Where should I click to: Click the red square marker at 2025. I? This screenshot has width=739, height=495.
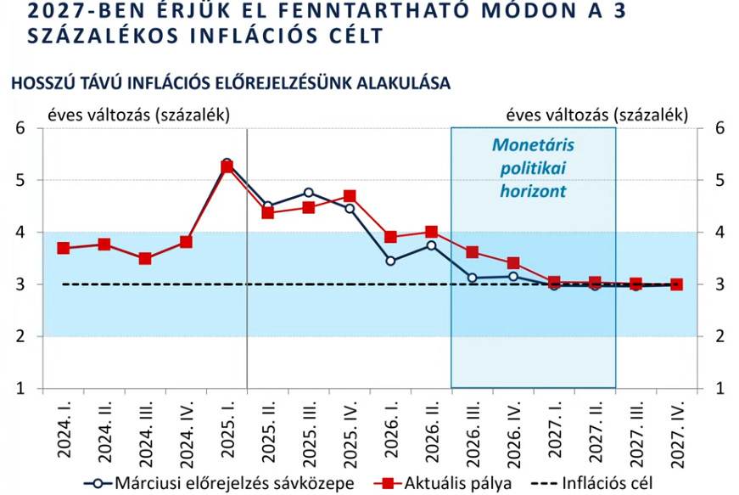click(x=227, y=166)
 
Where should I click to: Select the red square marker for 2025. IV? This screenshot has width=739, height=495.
click(x=350, y=196)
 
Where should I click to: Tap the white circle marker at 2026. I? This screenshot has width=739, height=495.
click(x=390, y=261)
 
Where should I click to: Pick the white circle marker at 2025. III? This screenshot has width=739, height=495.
click(x=309, y=193)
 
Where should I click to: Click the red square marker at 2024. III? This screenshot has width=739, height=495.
click(x=145, y=258)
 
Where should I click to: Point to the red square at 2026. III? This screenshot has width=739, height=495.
click(x=473, y=252)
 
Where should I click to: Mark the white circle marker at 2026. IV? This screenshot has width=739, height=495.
click(x=513, y=276)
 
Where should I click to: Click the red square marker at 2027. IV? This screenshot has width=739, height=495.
click(x=676, y=284)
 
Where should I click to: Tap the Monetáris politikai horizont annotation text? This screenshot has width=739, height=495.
click(x=532, y=167)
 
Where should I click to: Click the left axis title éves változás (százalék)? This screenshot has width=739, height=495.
click(x=137, y=115)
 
